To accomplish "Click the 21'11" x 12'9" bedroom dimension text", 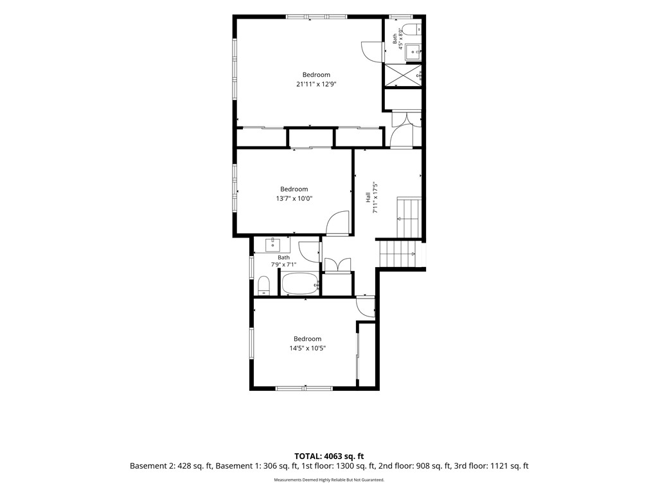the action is tap(316, 84).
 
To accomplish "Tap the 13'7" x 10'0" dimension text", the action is tap(294, 198).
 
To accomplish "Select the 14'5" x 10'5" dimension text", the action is tap(308, 348).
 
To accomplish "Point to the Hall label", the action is tap(368, 197).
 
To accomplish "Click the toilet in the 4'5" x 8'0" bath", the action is tap(409, 30).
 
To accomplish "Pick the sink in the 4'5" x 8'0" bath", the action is tap(414, 53).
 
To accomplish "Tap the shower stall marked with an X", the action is tap(404, 76).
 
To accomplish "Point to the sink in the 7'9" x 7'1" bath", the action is tap(272, 244).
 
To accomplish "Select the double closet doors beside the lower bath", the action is tap(337, 265).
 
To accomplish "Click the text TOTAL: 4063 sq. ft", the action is tap(329, 456).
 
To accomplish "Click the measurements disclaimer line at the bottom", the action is tap(329, 480).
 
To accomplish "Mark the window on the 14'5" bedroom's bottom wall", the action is tap(304, 388).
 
